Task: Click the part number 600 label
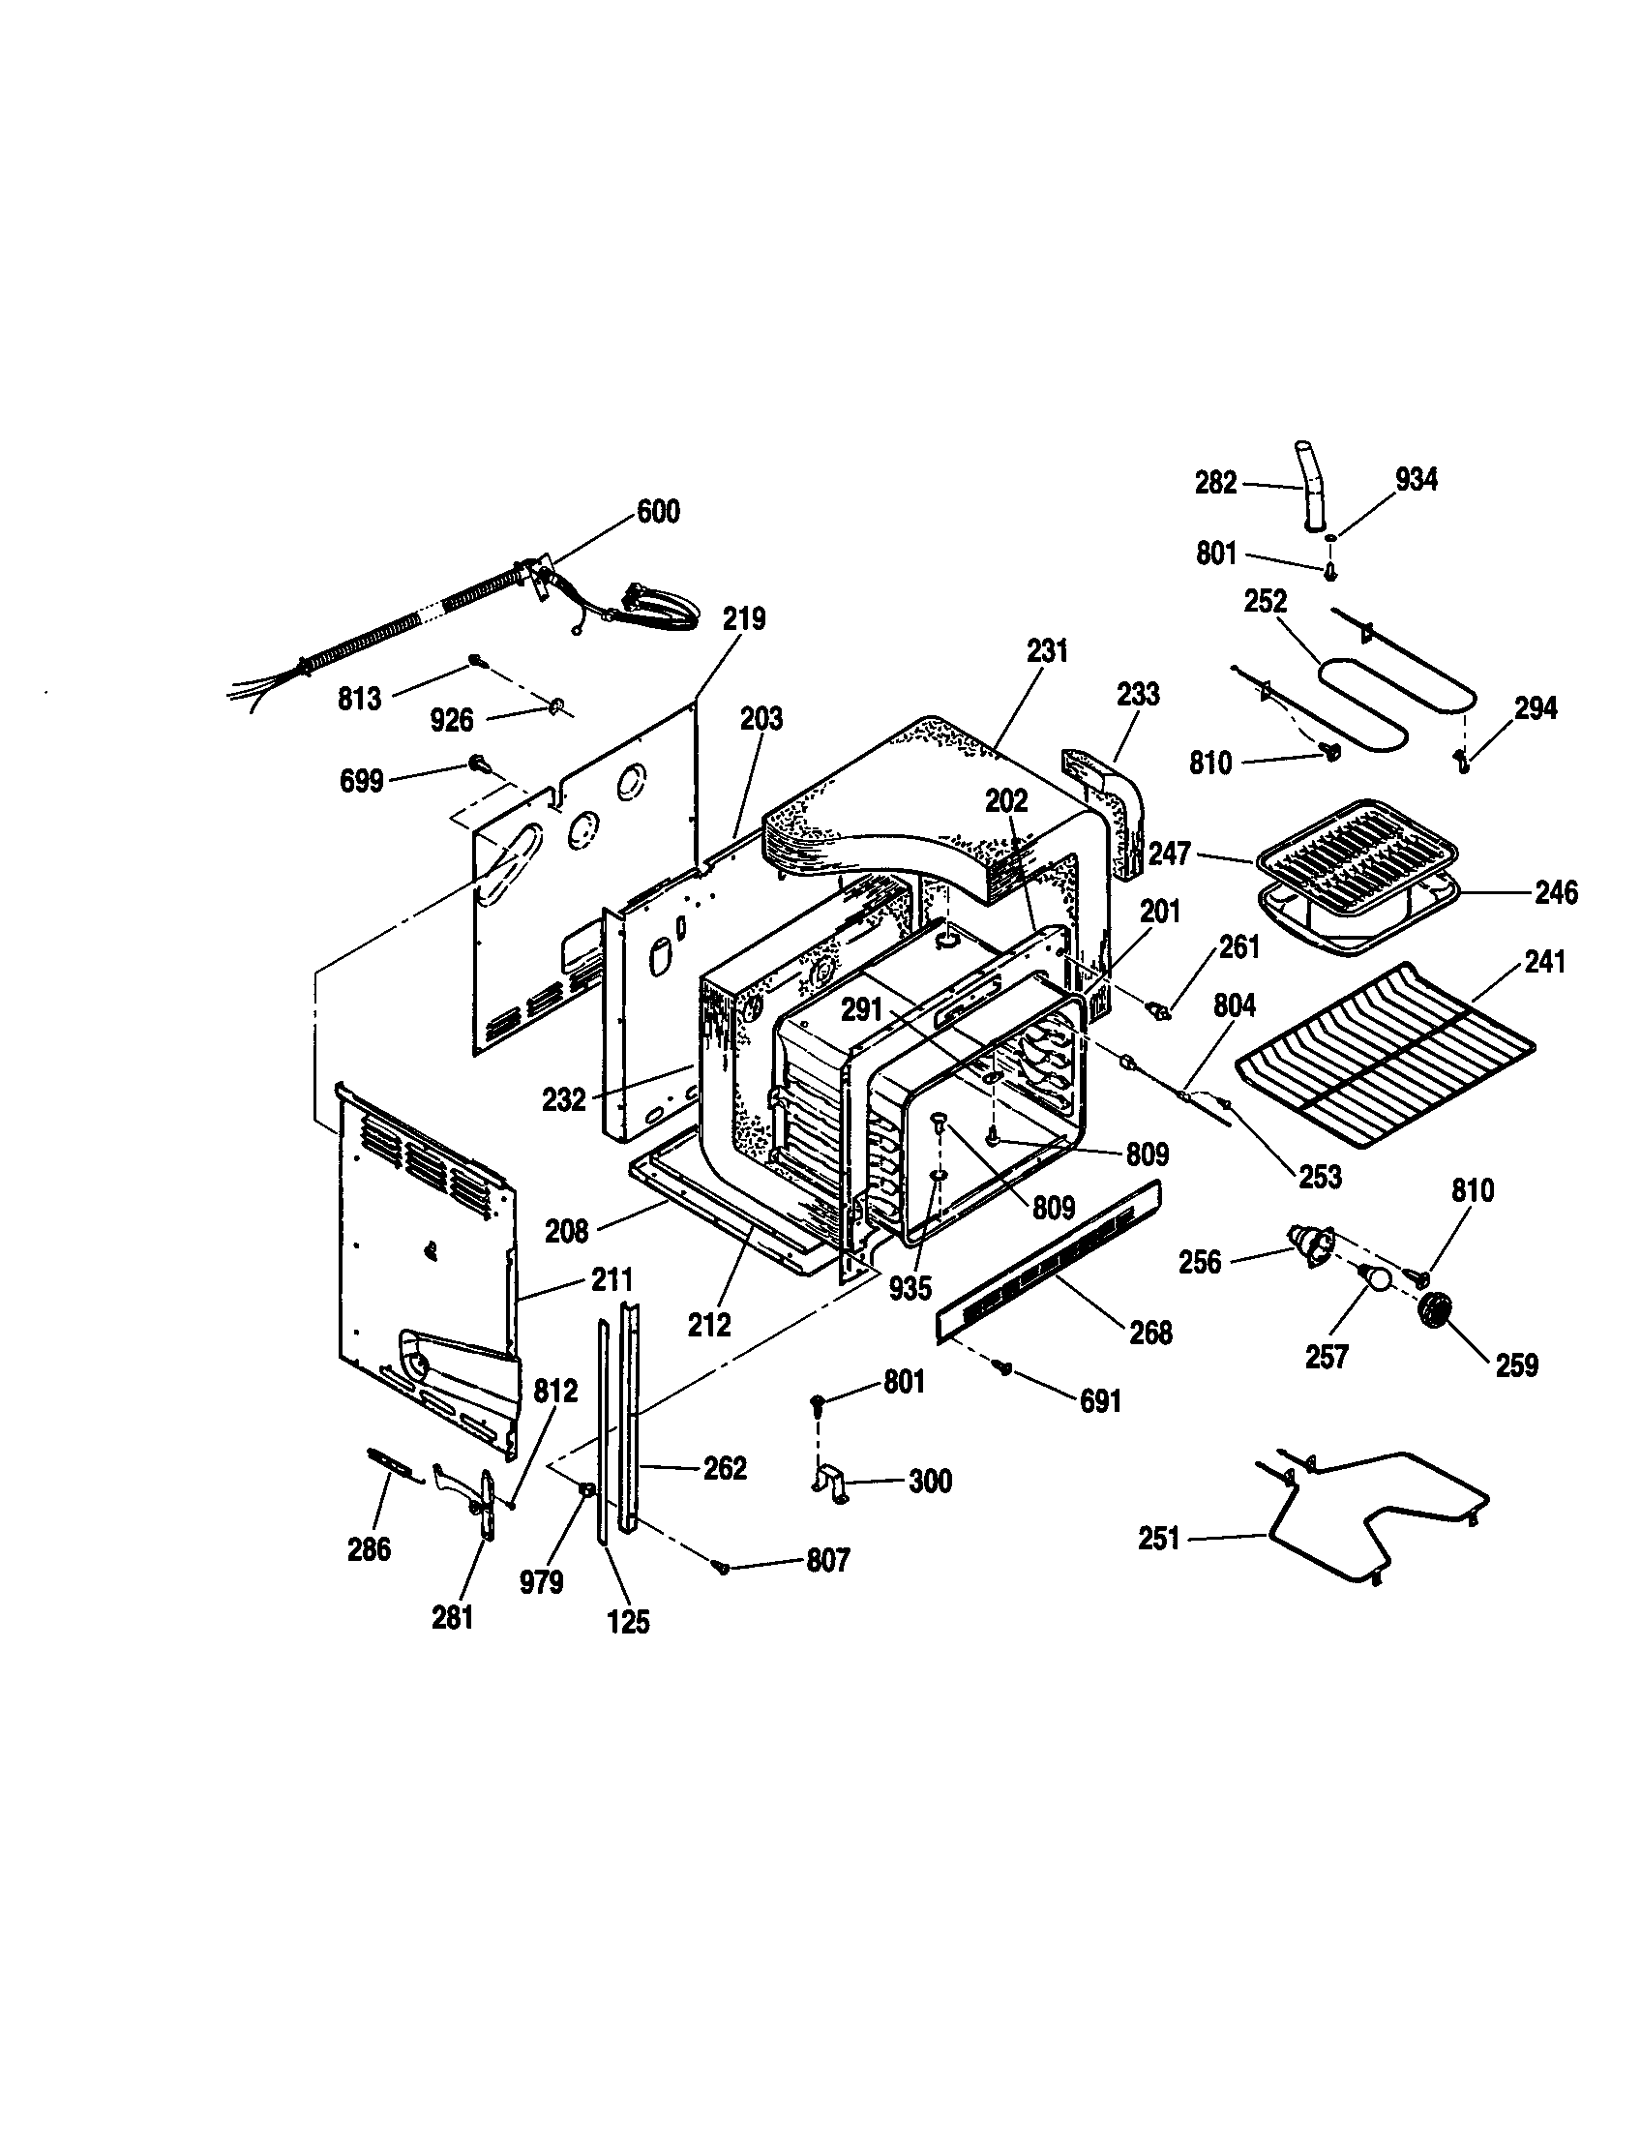coord(658,511)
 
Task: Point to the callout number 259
coord(1517,1364)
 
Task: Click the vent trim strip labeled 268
coord(1048,1262)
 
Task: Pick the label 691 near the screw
coord(1100,1401)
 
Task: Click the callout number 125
coord(629,1622)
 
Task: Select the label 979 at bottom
coord(541,1581)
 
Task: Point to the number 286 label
coord(370,1549)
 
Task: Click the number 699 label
coord(361,781)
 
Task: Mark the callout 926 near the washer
coord(451,720)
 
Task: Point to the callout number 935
coord(910,1289)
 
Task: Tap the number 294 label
coord(1536,708)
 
